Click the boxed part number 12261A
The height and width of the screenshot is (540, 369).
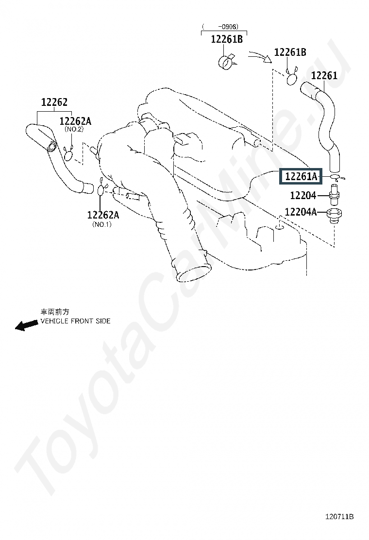301,176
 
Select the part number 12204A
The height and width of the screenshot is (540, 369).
301,212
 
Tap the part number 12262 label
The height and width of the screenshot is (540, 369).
54,102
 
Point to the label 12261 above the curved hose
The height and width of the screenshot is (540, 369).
324,76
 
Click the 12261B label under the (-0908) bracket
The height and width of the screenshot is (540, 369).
226,39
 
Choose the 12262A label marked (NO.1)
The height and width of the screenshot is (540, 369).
102,215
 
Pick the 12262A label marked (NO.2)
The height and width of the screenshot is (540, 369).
75,121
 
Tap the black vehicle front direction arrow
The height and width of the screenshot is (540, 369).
26,325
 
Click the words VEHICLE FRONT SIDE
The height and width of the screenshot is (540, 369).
75,321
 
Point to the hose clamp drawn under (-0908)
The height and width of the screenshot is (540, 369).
226,62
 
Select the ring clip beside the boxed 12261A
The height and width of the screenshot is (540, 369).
337,177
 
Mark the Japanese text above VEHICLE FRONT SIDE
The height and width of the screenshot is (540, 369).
55,312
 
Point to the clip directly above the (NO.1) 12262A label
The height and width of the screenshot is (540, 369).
101,189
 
